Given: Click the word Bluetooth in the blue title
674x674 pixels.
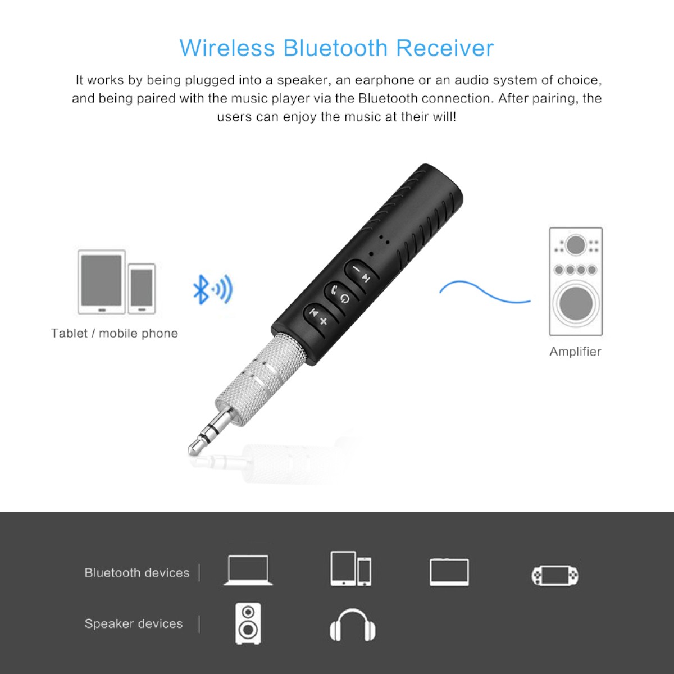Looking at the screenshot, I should (336, 48).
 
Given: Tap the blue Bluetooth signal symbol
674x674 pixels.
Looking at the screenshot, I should (212, 289).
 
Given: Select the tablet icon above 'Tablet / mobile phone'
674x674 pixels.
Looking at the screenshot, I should (102, 281).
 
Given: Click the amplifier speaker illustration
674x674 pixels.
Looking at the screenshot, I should (576, 281).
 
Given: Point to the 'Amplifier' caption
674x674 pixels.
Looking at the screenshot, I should (575, 352).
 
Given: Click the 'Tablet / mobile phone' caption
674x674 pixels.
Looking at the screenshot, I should (114, 333).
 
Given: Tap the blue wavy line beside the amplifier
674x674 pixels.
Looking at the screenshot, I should (484, 292).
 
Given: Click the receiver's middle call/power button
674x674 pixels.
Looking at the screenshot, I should (339, 294).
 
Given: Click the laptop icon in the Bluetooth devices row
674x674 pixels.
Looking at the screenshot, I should (248, 571).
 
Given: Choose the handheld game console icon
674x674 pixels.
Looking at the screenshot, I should (555, 575).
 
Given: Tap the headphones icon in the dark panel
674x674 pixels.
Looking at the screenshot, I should (353, 625).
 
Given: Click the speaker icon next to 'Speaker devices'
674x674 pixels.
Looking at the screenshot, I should (248, 624).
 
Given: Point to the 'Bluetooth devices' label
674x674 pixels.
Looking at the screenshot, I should (137, 573).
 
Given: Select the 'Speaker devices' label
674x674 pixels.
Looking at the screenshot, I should (134, 623).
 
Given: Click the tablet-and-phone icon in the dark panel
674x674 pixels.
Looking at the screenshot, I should (350, 569).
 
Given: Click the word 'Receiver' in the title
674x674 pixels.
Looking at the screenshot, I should (445, 48).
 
